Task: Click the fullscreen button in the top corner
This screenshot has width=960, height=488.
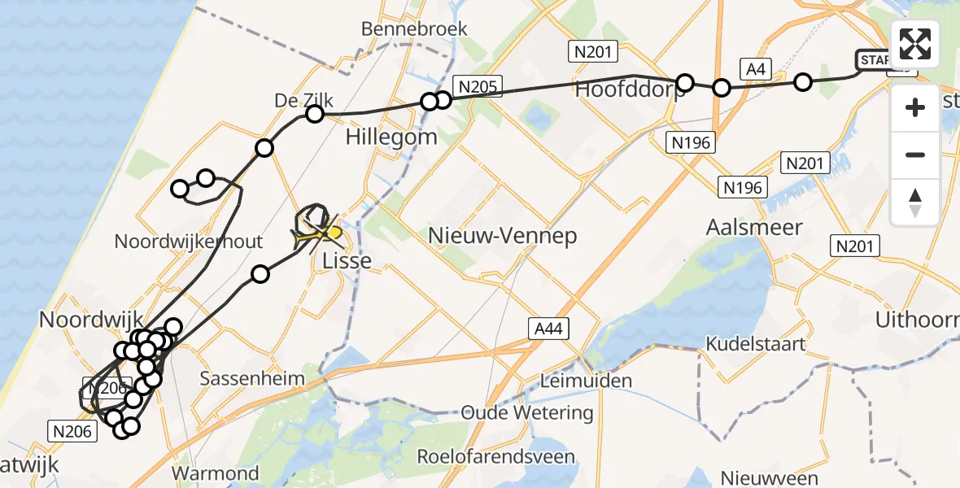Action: [915, 44]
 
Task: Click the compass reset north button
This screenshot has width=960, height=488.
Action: [915, 203]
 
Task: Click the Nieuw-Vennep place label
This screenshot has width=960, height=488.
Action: [502, 237]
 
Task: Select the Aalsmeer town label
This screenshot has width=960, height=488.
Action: [755, 227]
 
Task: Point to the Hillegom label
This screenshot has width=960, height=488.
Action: [391, 136]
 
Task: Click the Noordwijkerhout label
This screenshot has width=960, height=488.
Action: [189, 242]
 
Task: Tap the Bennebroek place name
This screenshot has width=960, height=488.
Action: [415, 29]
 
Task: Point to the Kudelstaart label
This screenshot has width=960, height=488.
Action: [756, 344]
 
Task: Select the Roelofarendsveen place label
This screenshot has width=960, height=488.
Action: [496, 457]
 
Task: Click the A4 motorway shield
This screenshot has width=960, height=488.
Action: [754, 69]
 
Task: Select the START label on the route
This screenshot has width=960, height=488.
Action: [875, 59]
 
